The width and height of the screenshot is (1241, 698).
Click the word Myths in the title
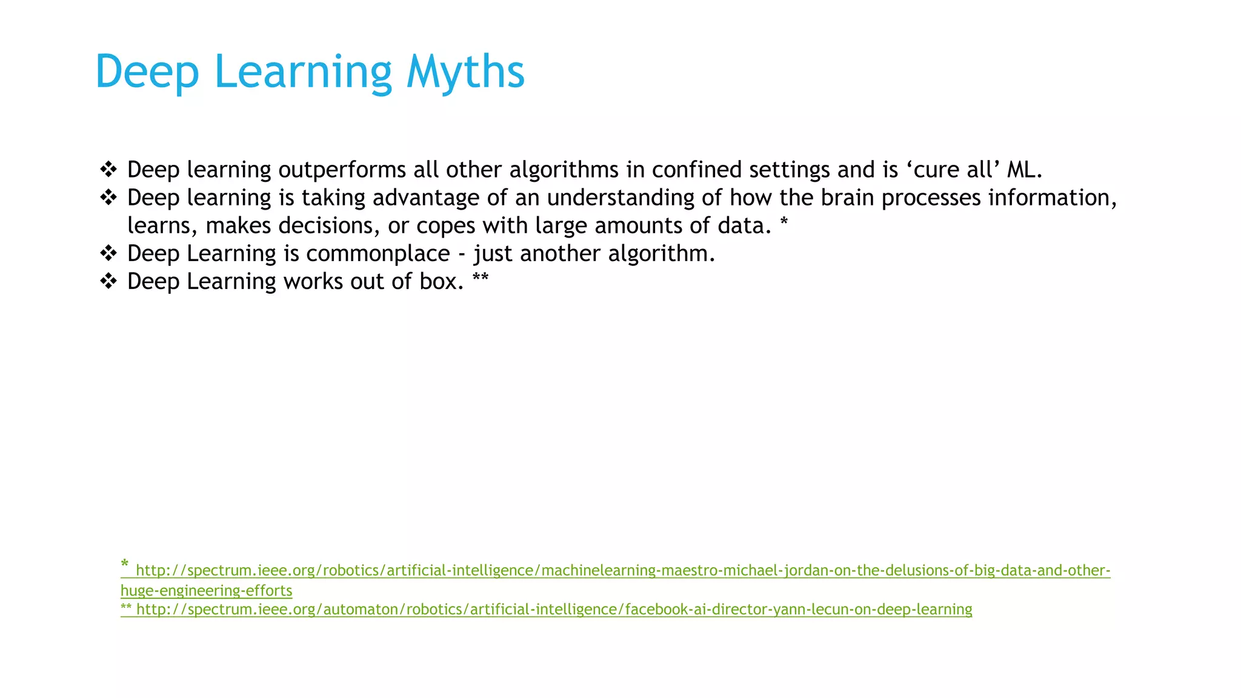pos(465,72)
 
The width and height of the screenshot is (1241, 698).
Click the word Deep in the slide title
pos(147,72)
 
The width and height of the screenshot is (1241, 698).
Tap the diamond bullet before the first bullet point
pos(108,170)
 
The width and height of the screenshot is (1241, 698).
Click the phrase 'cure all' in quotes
pos(954,170)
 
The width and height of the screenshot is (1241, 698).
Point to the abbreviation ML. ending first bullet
pos(1024,170)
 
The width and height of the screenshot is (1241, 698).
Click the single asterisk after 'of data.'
pos(784,222)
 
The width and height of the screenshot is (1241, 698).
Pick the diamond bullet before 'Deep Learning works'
pos(108,281)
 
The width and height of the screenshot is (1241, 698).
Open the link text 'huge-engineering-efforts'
pos(206,590)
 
